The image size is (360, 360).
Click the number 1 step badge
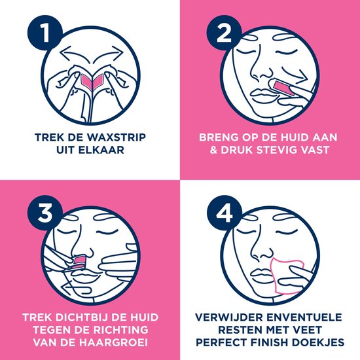pyautogui.click(x=45, y=33)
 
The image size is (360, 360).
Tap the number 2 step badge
pyautogui.click(x=224, y=33)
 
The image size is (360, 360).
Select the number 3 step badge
pyautogui.click(x=45, y=213)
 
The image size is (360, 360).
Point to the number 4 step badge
pyautogui.click(x=225, y=213)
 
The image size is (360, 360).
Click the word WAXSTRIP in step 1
pyautogui.click(x=117, y=137)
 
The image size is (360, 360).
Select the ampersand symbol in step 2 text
pyautogui.click(x=213, y=150)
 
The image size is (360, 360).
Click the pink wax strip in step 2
pyautogui.click(x=283, y=88)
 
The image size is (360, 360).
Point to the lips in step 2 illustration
pyautogui.click(x=262, y=94)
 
